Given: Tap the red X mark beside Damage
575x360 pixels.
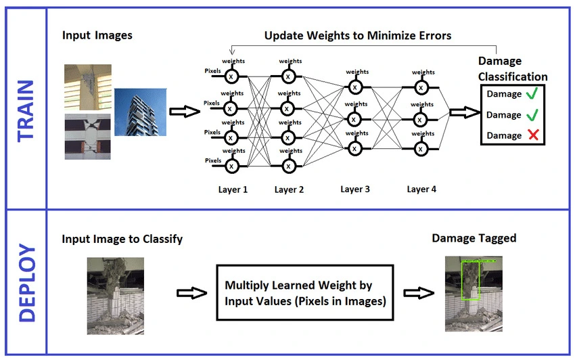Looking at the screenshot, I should (533, 135).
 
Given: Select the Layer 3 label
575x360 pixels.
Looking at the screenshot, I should (355, 189).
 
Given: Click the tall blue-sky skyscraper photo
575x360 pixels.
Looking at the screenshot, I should (139, 112).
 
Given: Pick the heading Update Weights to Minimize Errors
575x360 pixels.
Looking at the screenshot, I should (357, 35).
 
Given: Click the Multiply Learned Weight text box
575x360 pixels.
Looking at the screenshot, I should (304, 292).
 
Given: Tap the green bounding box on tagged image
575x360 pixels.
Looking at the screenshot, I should (469, 280).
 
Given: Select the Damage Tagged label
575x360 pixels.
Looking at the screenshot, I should (474, 238).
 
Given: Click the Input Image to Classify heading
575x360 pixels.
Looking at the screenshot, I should (122, 239).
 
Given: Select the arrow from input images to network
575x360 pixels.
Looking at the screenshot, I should (181, 112).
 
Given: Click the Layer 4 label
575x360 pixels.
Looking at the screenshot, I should (421, 189).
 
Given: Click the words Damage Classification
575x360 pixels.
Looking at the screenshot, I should (512, 69).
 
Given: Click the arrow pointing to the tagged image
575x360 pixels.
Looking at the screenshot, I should (417, 292).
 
